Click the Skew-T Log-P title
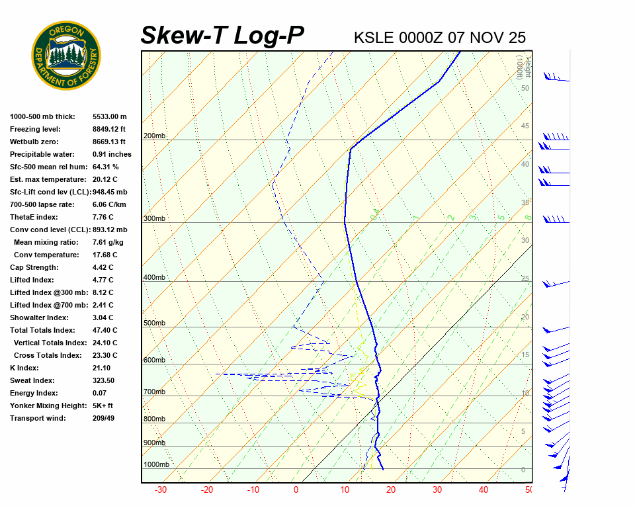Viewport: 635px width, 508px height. [x=222, y=36]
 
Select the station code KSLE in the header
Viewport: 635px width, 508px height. [x=374, y=38]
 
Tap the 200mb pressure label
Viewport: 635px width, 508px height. [x=154, y=136]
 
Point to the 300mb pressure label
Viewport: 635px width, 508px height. [x=154, y=219]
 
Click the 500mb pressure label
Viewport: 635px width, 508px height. [x=154, y=323]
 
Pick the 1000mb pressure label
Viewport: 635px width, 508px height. [x=156, y=464]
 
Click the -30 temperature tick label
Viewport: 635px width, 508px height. [x=160, y=490]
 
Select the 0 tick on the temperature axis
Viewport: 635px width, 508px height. [x=296, y=490]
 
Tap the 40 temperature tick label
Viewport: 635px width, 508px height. [x=484, y=490]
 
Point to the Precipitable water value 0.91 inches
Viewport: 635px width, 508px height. [x=112, y=154]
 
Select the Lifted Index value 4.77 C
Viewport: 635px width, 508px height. [x=103, y=280]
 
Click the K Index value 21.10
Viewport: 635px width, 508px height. [x=101, y=368]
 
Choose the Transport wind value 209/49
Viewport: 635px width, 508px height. [x=103, y=418]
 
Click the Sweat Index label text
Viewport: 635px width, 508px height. [x=32, y=380]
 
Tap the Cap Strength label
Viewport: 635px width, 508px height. [x=34, y=267]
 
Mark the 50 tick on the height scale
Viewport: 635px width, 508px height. [x=525, y=88]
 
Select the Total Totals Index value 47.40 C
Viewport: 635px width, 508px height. [x=105, y=330]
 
